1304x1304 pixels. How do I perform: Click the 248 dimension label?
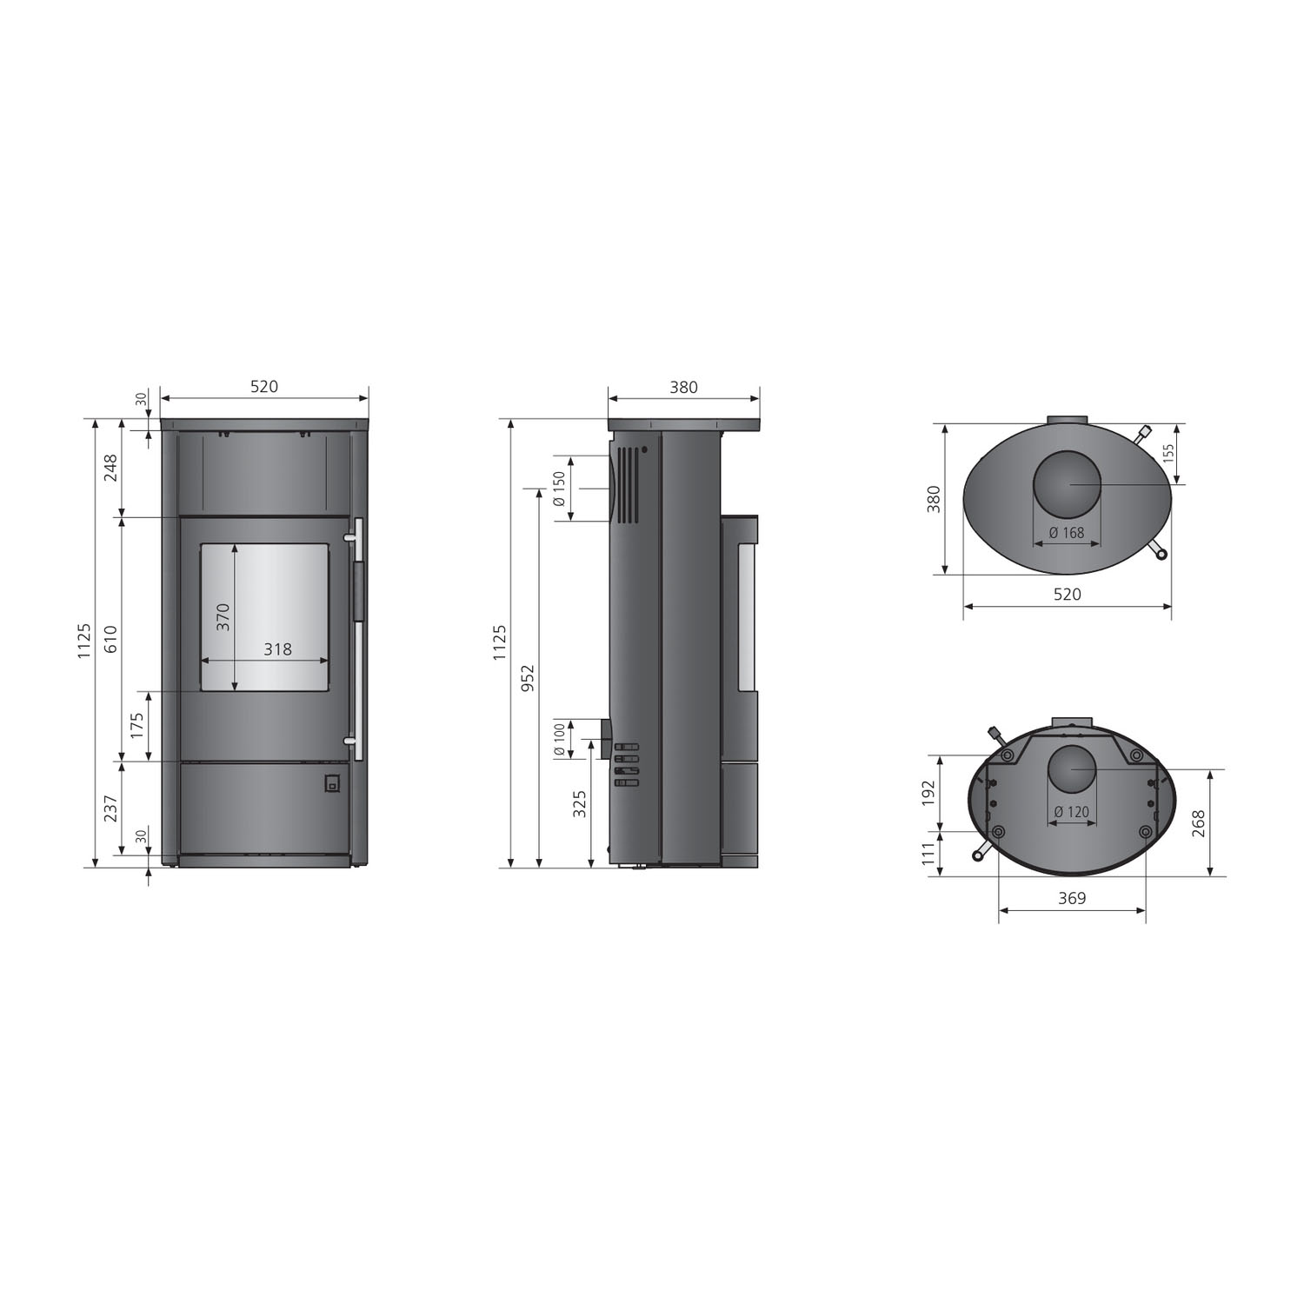tap(110, 468)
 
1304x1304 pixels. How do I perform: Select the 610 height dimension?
tap(110, 639)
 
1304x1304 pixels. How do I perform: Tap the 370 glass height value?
tap(223, 616)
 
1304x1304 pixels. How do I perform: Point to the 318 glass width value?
tap(277, 649)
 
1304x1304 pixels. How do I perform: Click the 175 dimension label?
tap(136, 726)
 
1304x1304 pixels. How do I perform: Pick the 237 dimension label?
tap(110, 808)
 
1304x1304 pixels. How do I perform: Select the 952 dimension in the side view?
tap(527, 678)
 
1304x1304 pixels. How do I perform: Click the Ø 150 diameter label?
tap(559, 489)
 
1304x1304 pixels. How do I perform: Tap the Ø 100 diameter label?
tap(559, 740)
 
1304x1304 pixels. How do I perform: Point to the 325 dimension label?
tap(580, 803)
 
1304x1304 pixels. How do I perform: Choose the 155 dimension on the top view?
tap(1168, 453)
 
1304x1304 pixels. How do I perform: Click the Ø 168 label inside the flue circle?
tap(1067, 533)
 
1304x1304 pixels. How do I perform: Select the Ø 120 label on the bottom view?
tap(1071, 812)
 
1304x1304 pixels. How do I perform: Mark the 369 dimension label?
tap(1072, 898)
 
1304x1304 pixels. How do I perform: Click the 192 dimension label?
tap(928, 792)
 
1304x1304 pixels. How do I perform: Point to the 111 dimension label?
tap(928, 853)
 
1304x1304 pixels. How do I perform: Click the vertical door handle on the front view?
tap(357, 639)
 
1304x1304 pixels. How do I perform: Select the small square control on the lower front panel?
tap(331, 783)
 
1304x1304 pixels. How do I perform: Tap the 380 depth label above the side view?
tap(683, 387)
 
